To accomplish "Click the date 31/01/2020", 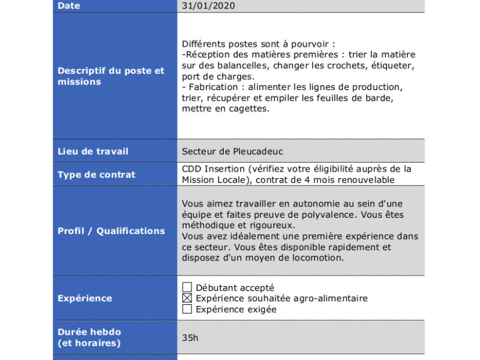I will pos(208,6).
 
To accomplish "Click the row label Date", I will pos(69,6).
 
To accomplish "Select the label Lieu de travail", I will pos(93,151).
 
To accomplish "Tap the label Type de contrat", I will pos(97,175).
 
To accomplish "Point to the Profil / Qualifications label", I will pos(111,231).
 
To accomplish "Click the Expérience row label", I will pos(85,298).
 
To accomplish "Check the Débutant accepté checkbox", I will pos(187,288).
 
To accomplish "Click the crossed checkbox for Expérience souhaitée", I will pos(187,298).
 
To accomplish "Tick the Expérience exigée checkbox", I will pos(187,309).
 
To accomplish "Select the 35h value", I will pos(190,338).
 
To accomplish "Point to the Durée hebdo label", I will pos(89,332).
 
